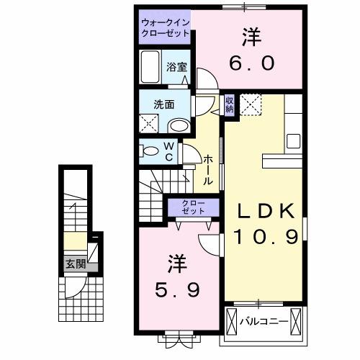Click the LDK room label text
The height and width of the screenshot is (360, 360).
(266, 211)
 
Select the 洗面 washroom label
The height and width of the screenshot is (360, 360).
(164, 104)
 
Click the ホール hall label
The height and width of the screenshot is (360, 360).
(207, 171)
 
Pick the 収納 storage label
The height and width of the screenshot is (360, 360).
(229, 105)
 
